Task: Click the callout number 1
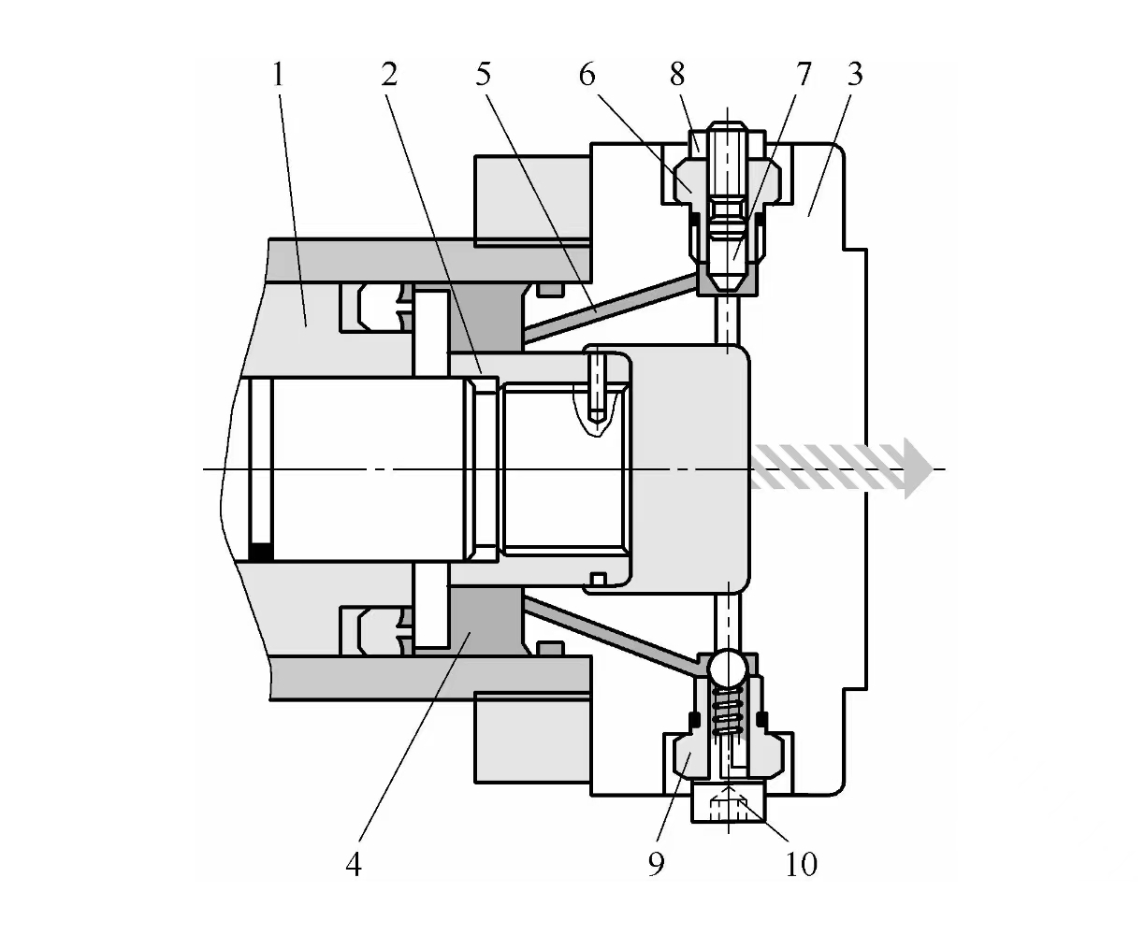point(277,74)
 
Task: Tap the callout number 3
point(854,74)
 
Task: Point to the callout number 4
point(353,864)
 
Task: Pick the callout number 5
point(483,74)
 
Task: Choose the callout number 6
point(587,74)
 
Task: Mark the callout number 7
point(804,74)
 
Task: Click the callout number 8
point(678,74)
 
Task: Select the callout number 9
point(656,864)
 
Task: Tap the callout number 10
point(802,864)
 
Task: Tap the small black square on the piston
point(261,552)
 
